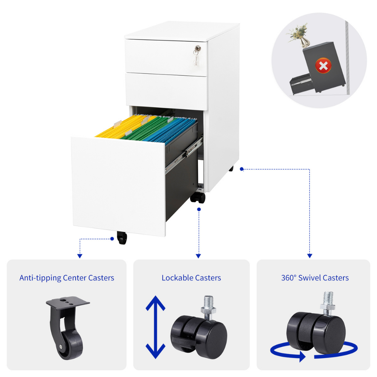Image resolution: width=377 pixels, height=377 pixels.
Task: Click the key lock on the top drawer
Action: tap(198, 49)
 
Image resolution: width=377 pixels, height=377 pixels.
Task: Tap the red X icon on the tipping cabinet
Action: tap(323, 65)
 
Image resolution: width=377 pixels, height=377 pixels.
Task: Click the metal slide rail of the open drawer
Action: tap(184, 154)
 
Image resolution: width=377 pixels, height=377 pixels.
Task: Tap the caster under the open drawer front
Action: tap(122, 238)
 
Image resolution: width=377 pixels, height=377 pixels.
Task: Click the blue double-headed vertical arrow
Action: tap(156, 327)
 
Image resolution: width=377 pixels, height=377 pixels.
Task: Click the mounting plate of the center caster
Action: tap(68, 301)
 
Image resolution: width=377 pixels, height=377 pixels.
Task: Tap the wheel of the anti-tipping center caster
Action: tap(70, 346)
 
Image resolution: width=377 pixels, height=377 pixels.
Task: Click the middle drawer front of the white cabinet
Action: tap(166, 91)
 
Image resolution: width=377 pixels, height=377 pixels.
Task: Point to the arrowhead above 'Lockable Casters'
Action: tap(198, 256)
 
